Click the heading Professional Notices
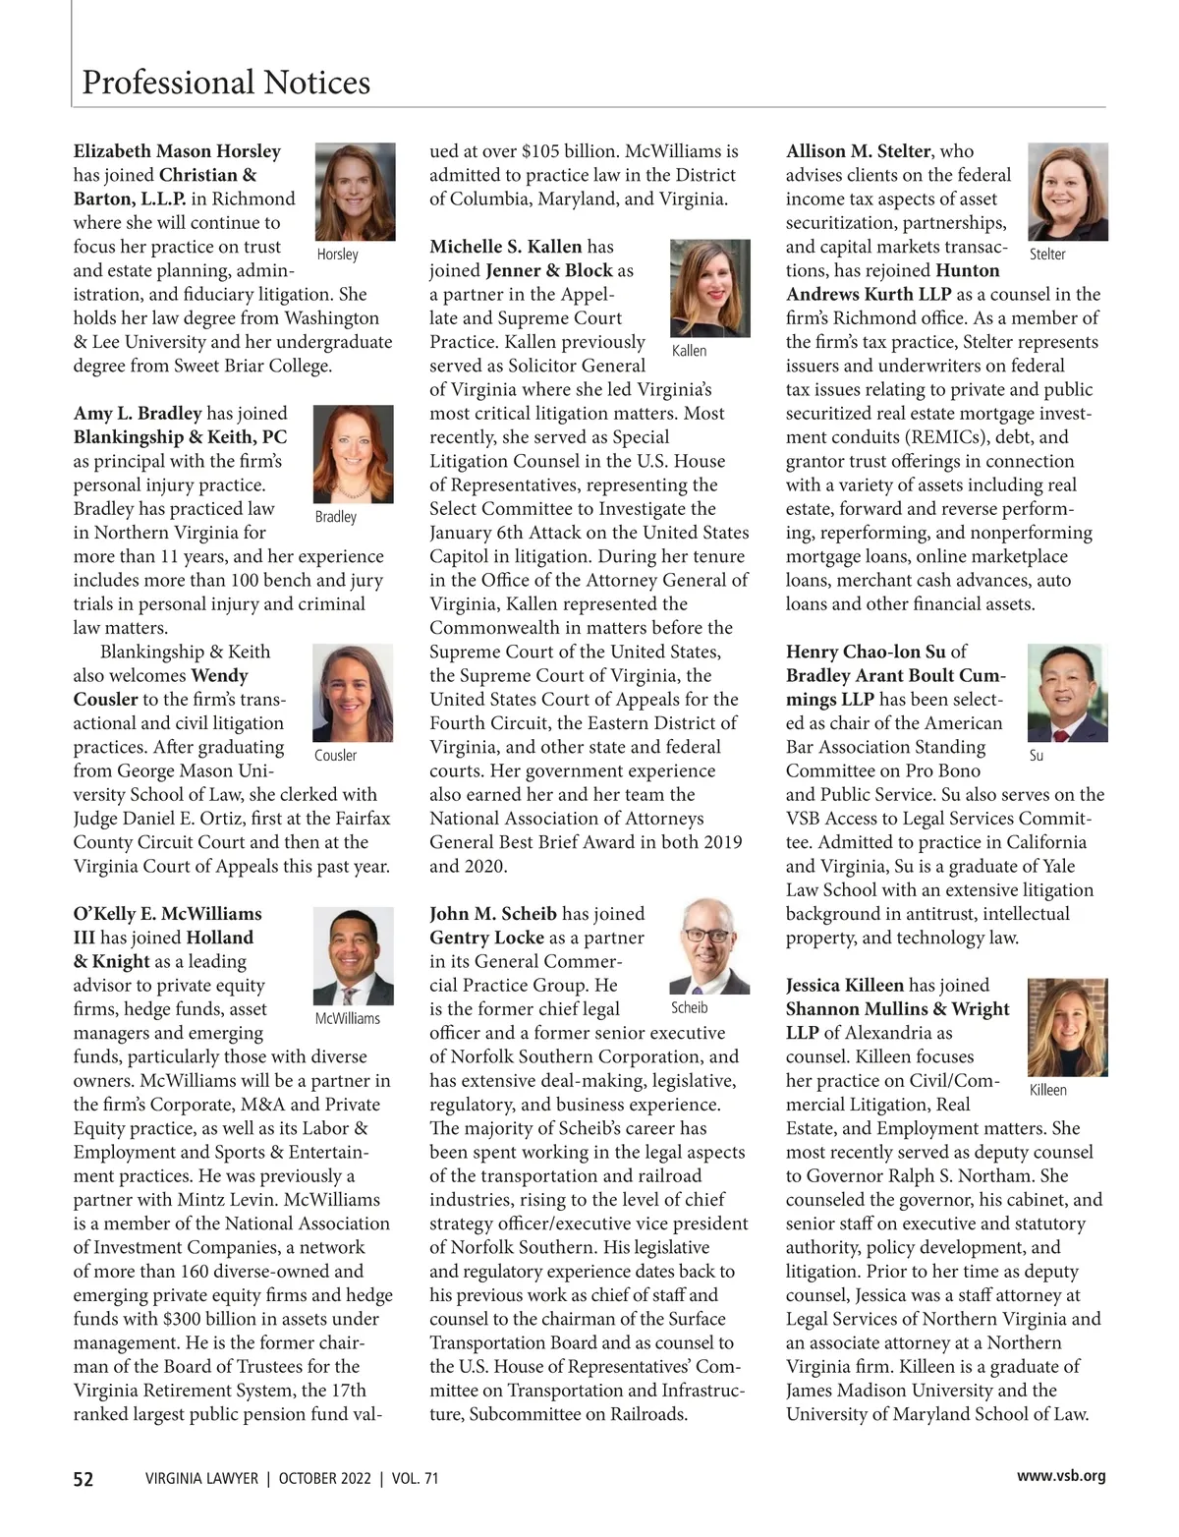tap(226, 83)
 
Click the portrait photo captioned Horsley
tap(355, 192)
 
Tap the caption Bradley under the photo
tap(336, 517)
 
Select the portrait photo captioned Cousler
tap(353, 693)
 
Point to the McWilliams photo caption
tap(347, 1018)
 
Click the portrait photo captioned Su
tap(1067, 693)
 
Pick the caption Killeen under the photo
tap(1047, 1090)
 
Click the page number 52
tap(84, 1479)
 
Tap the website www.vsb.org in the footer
tap(1061, 1476)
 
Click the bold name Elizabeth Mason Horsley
tap(177, 151)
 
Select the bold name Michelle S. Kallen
tap(506, 247)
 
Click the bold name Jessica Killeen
tap(844, 985)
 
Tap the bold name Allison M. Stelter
tap(858, 151)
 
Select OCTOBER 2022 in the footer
tap(323, 1479)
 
